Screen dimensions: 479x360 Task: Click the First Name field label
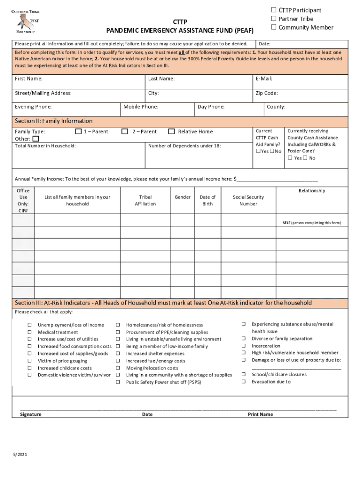(29, 79)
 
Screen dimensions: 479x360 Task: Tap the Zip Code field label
(266, 93)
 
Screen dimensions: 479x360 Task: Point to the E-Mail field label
(264, 79)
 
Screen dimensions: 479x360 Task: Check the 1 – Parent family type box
(79, 131)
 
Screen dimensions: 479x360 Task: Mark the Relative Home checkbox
(172, 131)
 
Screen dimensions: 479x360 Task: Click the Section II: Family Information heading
(54, 121)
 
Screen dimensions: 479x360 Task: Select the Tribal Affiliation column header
(145, 200)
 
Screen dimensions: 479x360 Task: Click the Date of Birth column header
(208, 200)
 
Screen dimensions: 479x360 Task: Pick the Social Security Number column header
(248, 200)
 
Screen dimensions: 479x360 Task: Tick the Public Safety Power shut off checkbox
(118, 382)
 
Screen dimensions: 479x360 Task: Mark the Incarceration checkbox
(243, 346)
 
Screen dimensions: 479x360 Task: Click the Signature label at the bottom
(30, 414)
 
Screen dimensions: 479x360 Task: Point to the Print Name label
(260, 414)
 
